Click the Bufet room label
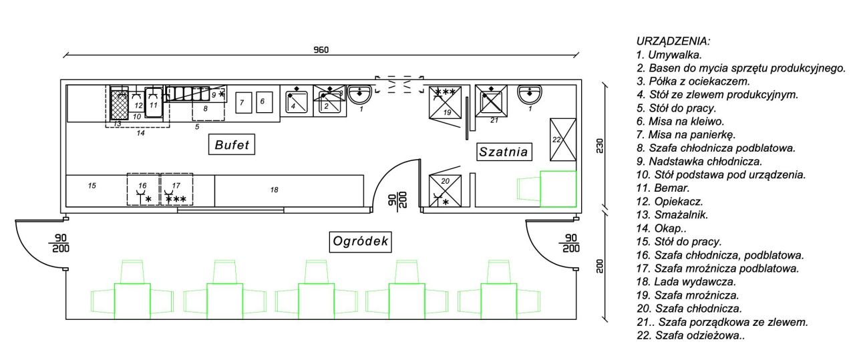click(x=232, y=144)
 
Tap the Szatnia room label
click(x=504, y=152)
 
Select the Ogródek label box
click(x=360, y=241)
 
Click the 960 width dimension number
click(x=321, y=49)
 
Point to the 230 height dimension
click(x=600, y=146)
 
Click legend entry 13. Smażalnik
click(x=672, y=215)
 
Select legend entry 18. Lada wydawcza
click(x=686, y=282)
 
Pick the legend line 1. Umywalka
click(x=669, y=55)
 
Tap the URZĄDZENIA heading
click(x=673, y=41)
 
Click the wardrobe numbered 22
click(x=562, y=140)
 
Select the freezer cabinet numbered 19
click(x=445, y=102)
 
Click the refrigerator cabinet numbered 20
click(x=445, y=190)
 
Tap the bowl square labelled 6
click(x=264, y=102)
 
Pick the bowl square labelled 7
click(x=244, y=102)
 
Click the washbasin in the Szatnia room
click(x=530, y=94)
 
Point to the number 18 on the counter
click(x=274, y=190)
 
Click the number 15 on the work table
click(x=92, y=186)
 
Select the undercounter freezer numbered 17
click(x=176, y=190)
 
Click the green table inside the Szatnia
click(x=558, y=189)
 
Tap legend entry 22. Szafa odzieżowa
click(x=691, y=335)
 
